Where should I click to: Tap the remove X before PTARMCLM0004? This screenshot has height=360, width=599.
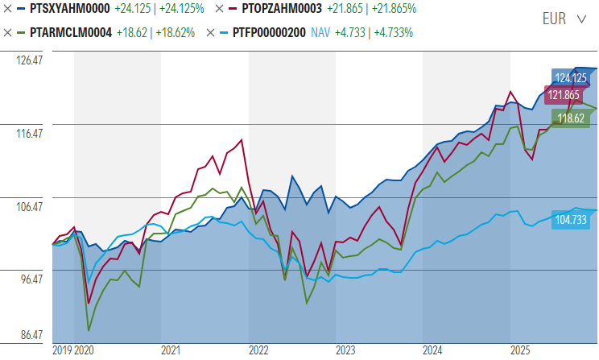tap(9, 33)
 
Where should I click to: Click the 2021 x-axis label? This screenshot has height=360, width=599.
tap(170, 350)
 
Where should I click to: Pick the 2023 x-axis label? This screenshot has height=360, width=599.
tap(345, 350)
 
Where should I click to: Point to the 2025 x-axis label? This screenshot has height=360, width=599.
tap(520, 350)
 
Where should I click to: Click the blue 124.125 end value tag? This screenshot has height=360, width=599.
tap(569, 78)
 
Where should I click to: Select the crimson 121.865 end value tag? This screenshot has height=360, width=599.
tap(564, 94)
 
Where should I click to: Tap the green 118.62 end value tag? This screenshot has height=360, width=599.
tap(571, 118)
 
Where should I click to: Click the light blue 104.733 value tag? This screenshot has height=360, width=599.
tap(573, 219)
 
